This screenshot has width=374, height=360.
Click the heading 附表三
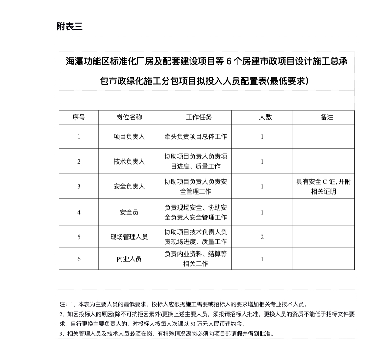69,27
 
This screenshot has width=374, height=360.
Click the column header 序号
79,117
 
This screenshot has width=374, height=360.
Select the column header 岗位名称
129,117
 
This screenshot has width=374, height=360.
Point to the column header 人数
265,117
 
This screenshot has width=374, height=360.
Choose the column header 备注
327,117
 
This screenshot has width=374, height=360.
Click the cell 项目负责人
129,136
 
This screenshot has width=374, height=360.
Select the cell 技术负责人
129,161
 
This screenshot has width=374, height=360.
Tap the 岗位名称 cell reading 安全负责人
129,186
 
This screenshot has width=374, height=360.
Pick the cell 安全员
129,212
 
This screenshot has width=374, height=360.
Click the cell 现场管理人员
129,237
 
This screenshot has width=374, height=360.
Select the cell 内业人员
129,259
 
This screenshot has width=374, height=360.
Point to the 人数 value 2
262,237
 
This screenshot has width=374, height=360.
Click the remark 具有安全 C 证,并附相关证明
323,187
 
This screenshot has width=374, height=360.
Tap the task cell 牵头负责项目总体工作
196,136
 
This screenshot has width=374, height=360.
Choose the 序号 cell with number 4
79,212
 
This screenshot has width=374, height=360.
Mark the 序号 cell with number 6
79,259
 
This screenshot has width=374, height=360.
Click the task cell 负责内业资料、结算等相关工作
196,259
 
